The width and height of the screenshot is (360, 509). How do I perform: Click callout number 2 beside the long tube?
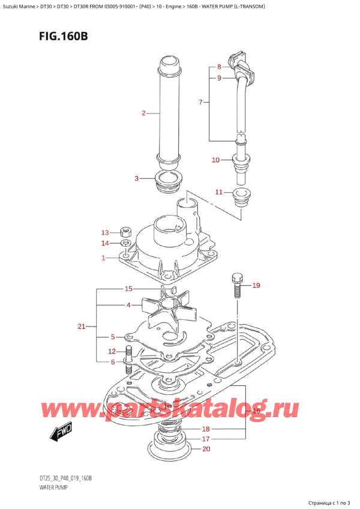click(x=143, y=113)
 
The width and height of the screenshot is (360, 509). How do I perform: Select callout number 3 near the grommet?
click(x=137, y=178)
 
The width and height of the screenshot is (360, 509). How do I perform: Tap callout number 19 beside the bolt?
click(x=256, y=285)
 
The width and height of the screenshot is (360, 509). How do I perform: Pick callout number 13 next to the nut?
click(x=105, y=233)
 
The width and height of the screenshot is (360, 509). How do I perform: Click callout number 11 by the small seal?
click(x=219, y=192)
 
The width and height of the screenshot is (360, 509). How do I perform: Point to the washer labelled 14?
click(x=124, y=243)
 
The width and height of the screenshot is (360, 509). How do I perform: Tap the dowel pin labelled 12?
click(x=128, y=352)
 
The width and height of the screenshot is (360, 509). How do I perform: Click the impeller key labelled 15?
click(x=172, y=290)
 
